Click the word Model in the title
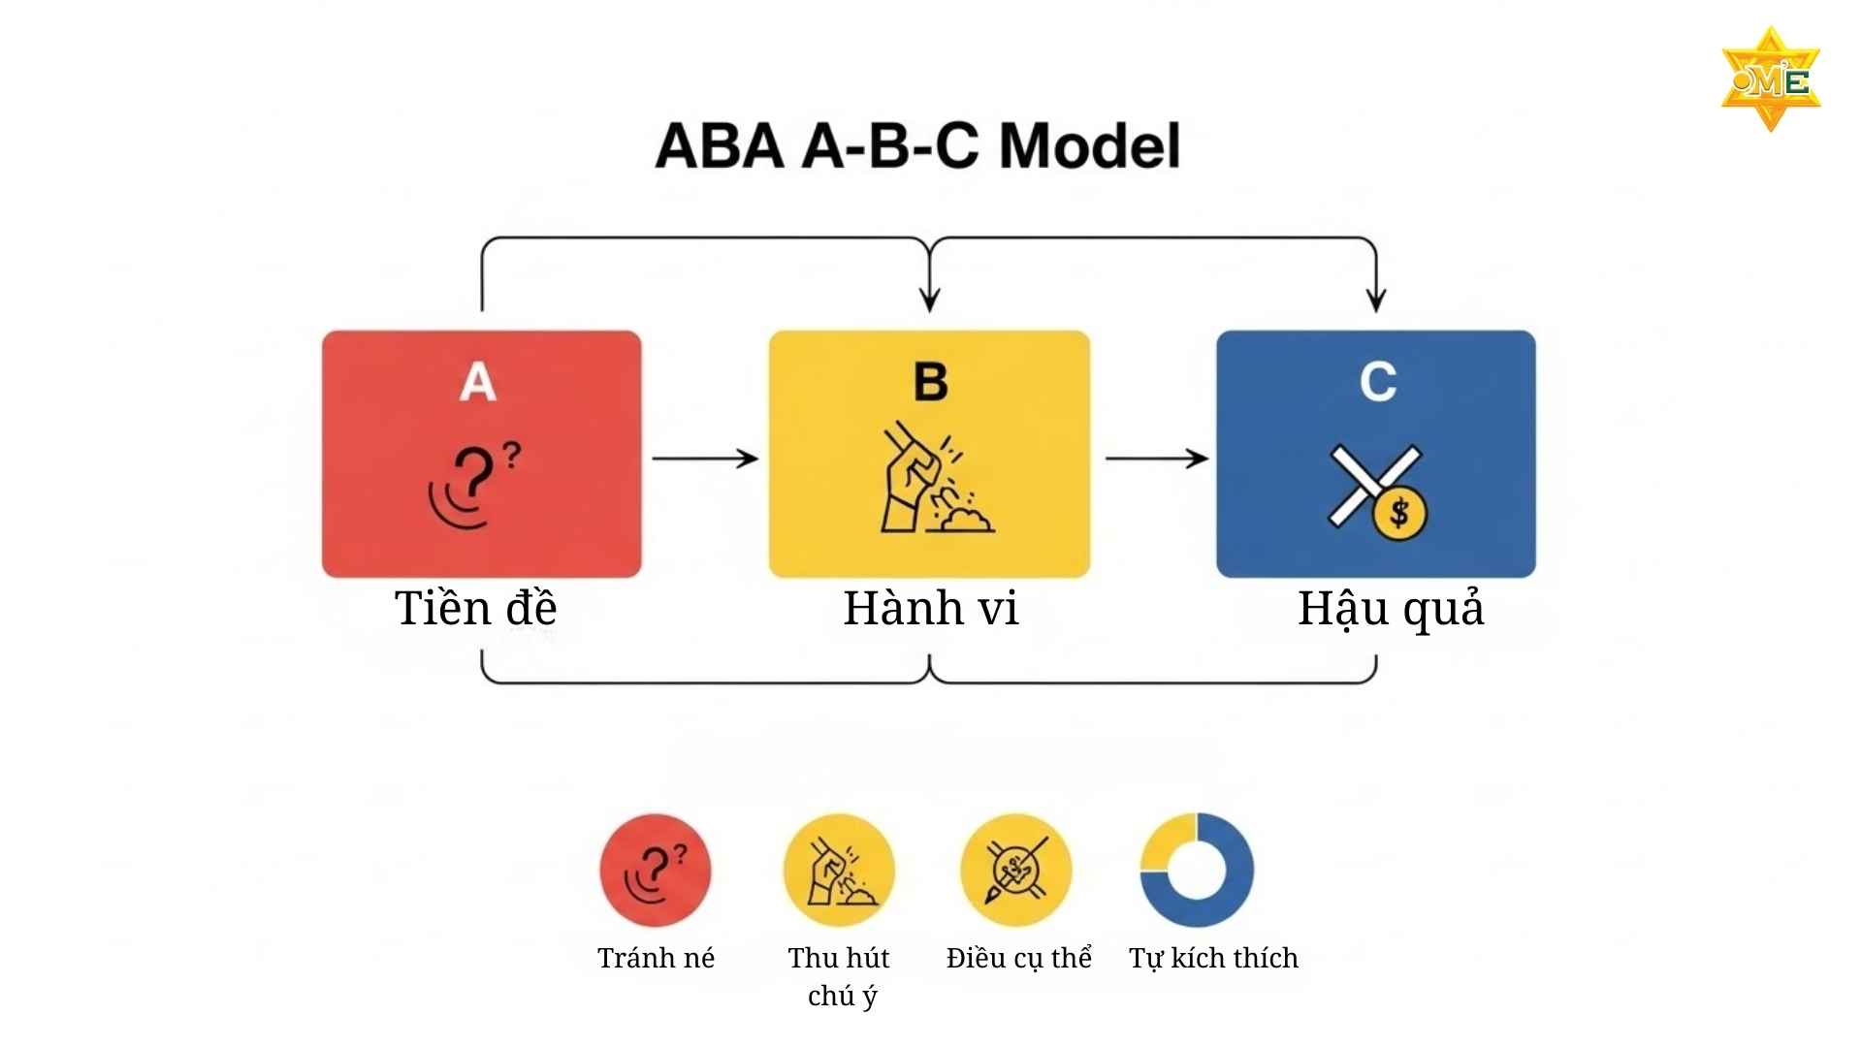tap(1089, 146)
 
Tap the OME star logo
tap(1771, 79)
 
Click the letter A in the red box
tap(478, 382)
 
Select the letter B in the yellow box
tap(930, 382)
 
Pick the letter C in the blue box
tap(1377, 382)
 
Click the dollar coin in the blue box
tap(1399, 513)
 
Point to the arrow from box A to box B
tap(705, 459)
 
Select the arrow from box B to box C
tap(1156, 459)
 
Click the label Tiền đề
tap(475, 609)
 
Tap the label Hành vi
tap(931, 609)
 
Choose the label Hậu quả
tap(1391, 609)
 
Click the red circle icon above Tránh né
tap(656, 870)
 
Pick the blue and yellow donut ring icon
tap(1197, 870)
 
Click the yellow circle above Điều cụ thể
tap(1016, 870)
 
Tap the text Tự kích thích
tap(1213, 958)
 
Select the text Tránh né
tap(656, 958)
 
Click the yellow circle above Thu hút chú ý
tap(839, 870)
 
